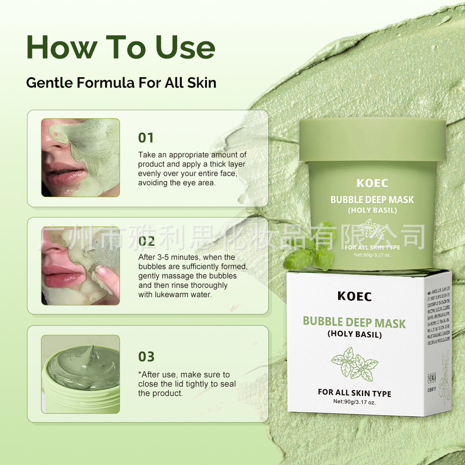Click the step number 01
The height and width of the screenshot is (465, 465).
pyautogui.click(x=146, y=138)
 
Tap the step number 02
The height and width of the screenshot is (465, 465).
pyautogui.click(x=146, y=241)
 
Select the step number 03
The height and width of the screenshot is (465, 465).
pyautogui.click(x=146, y=357)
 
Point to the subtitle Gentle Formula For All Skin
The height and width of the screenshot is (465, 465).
pyautogui.click(x=121, y=83)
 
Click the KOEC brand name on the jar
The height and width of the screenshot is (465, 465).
pyautogui.click(x=372, y=183)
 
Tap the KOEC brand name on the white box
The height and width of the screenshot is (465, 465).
pyautogui.click(x=354, y=296)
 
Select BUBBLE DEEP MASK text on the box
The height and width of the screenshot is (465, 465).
pyautogui.click(x=354, y=322)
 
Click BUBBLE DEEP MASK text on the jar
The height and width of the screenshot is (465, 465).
pyautogui.click(x=372, y=200)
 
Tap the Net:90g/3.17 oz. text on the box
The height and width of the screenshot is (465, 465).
pyautogui.click(x=354, y=402)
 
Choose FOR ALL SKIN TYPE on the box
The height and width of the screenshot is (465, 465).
pyautogui.click(x=354, y=393)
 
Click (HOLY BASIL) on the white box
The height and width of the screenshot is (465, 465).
pyautogui.click(x=354, y=334)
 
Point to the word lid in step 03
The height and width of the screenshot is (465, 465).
pyautogui.click(x=179, y=384)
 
